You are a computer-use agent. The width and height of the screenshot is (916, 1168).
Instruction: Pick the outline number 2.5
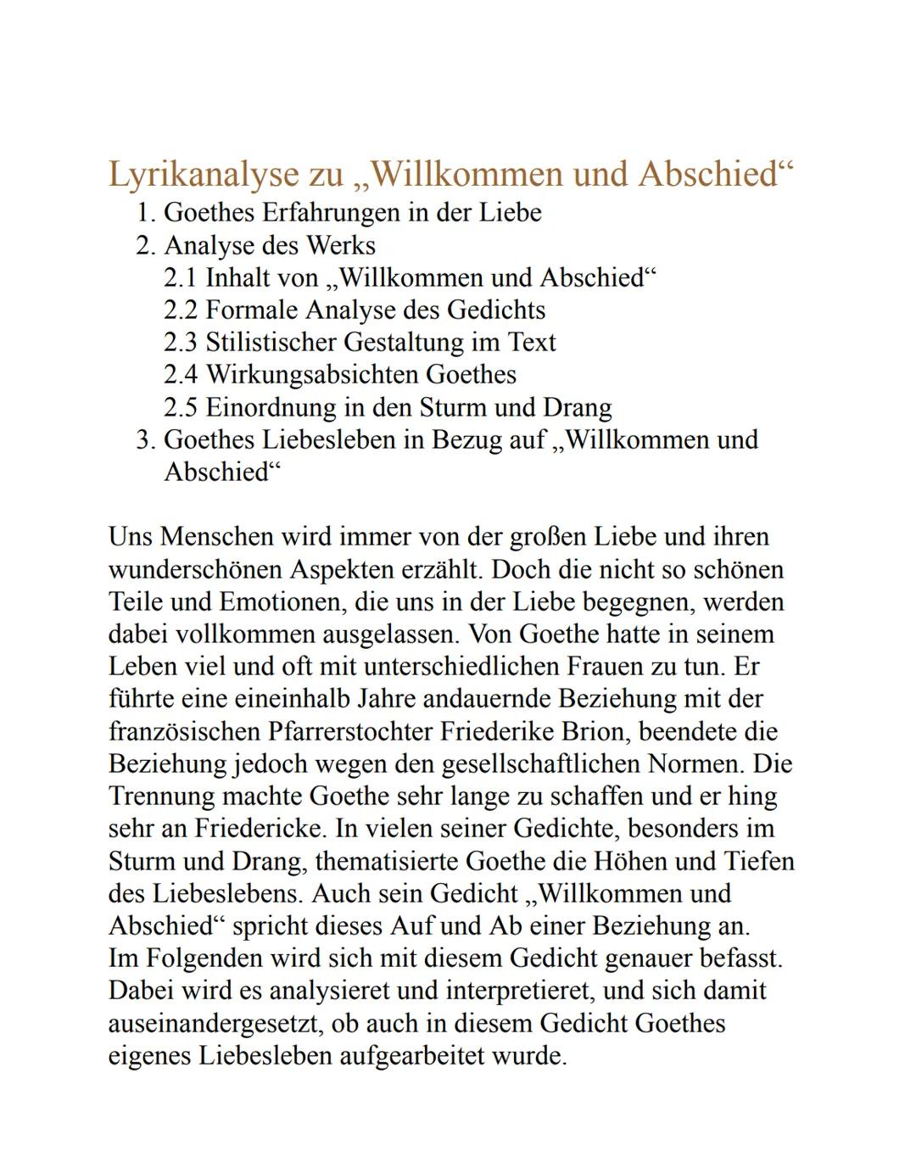coord(181,407)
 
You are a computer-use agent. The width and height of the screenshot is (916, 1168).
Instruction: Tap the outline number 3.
coord(146,439)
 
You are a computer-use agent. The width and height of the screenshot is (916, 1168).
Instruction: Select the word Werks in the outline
coord(341,245)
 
